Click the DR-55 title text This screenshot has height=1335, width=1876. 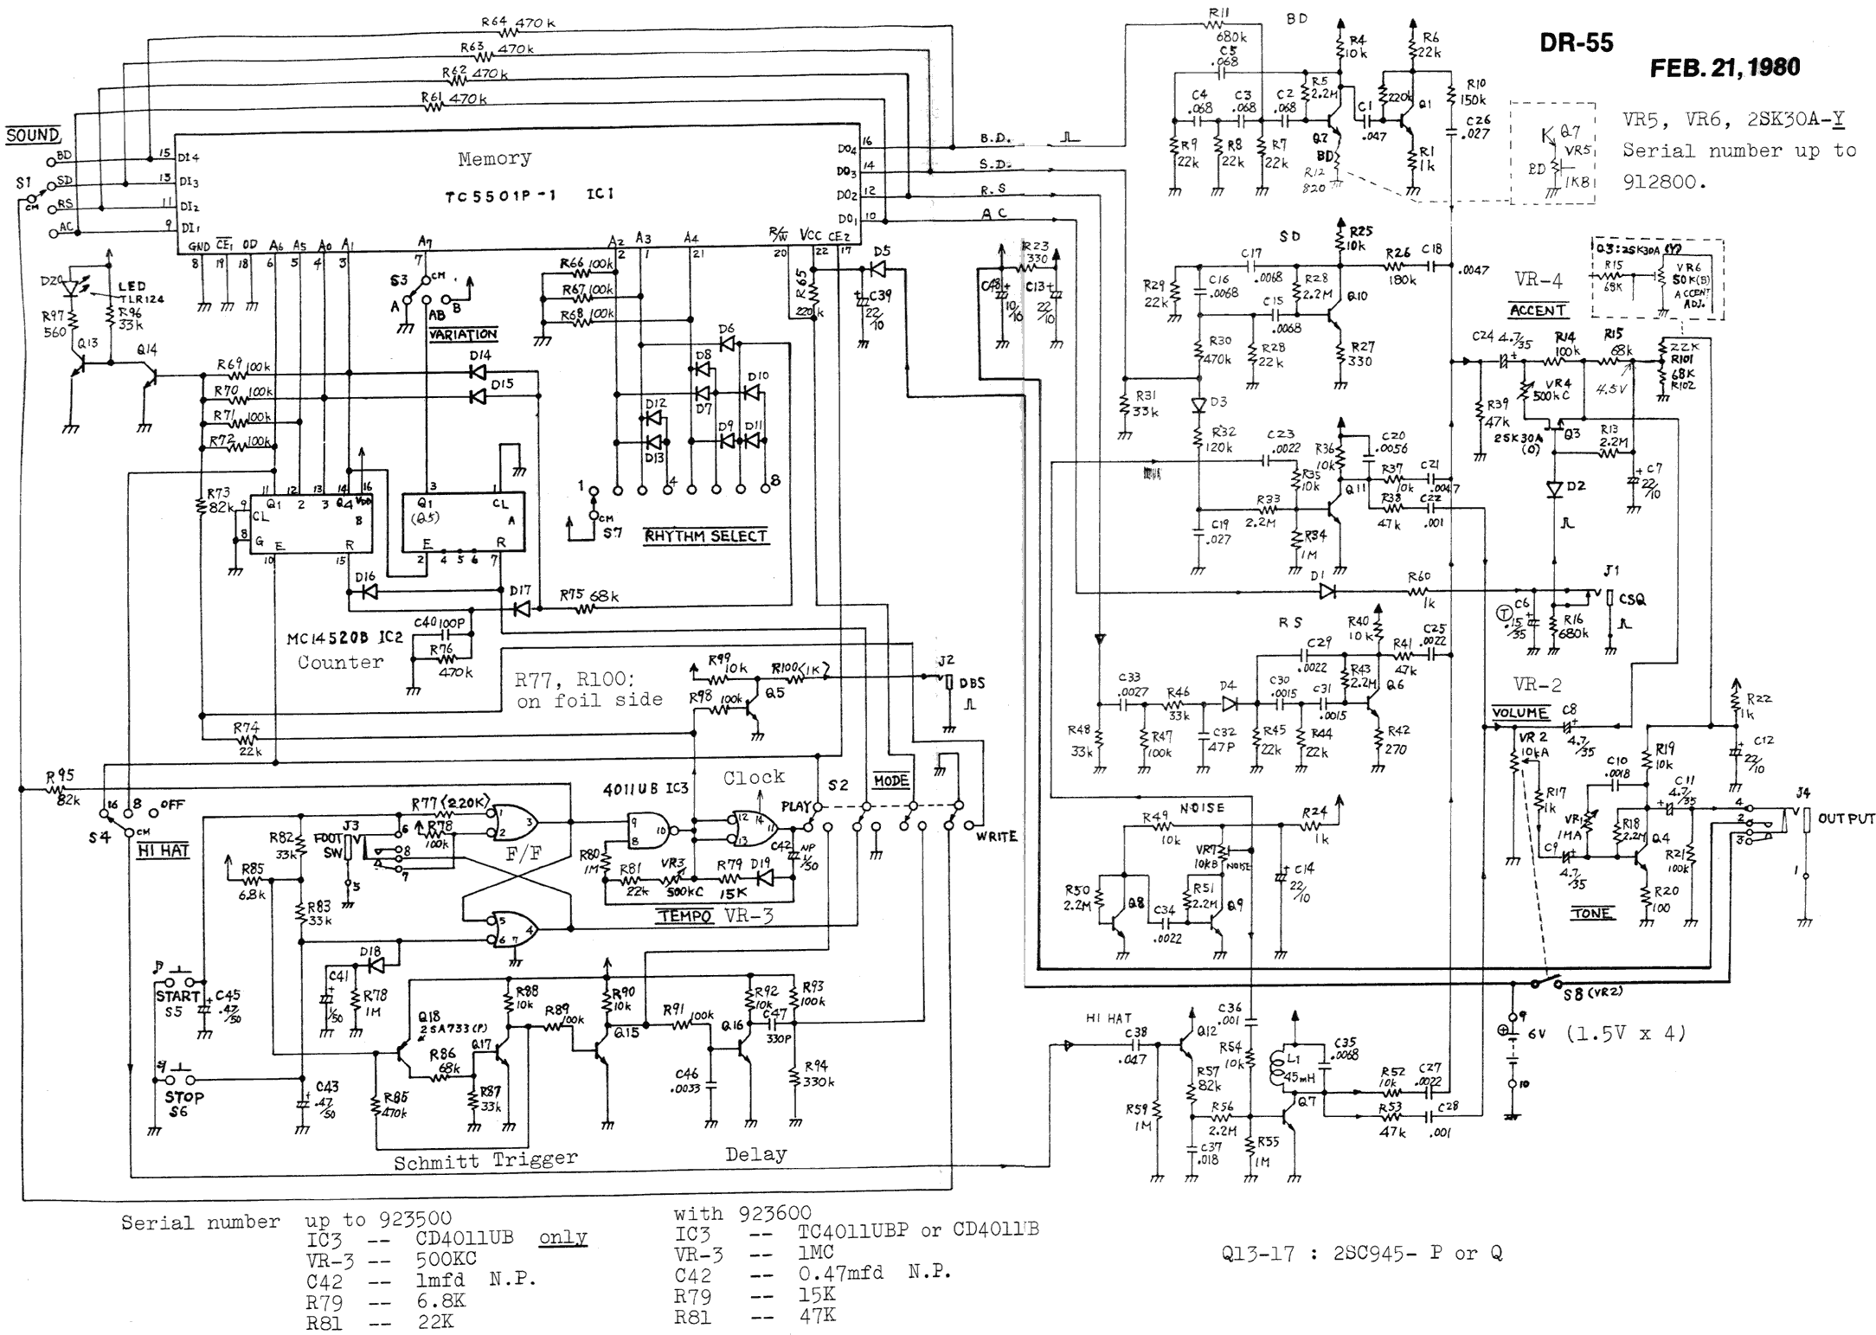pyautogui.click(x=1576, y=43)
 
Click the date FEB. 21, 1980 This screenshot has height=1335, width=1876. pyautogui.click(x=1725, y=67)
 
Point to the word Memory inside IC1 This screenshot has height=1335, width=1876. pyautogui.click(x=494, y=158)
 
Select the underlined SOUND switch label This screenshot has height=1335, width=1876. pyautogui.click(x=33, y=136)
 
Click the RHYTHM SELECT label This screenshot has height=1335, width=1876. pyautogui.click(x=705, y=536)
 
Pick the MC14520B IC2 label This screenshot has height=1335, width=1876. pyautogui.click(x=344, y=639)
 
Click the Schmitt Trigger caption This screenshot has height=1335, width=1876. pyautogui.click(x=485, y=1160)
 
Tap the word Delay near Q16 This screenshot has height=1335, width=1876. pyautogui.click(x=755, y=1154)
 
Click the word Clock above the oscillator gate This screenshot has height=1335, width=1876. pyautogui.click(x=754, y=777)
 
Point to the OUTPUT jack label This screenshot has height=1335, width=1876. pyautogui.click(x=1846, y=818)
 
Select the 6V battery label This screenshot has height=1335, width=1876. pyautogui.click(x=1535, y=1033)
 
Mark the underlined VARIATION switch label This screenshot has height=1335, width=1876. pyautogui.click(x=463, y=334)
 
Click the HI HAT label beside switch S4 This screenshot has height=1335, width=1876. pyautogui.click(x=163, y=850)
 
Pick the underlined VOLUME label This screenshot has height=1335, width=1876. pyautogui.click(x=1519, y=713)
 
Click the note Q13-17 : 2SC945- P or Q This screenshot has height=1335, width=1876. pyautogui.click(x=1361, y=1253)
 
